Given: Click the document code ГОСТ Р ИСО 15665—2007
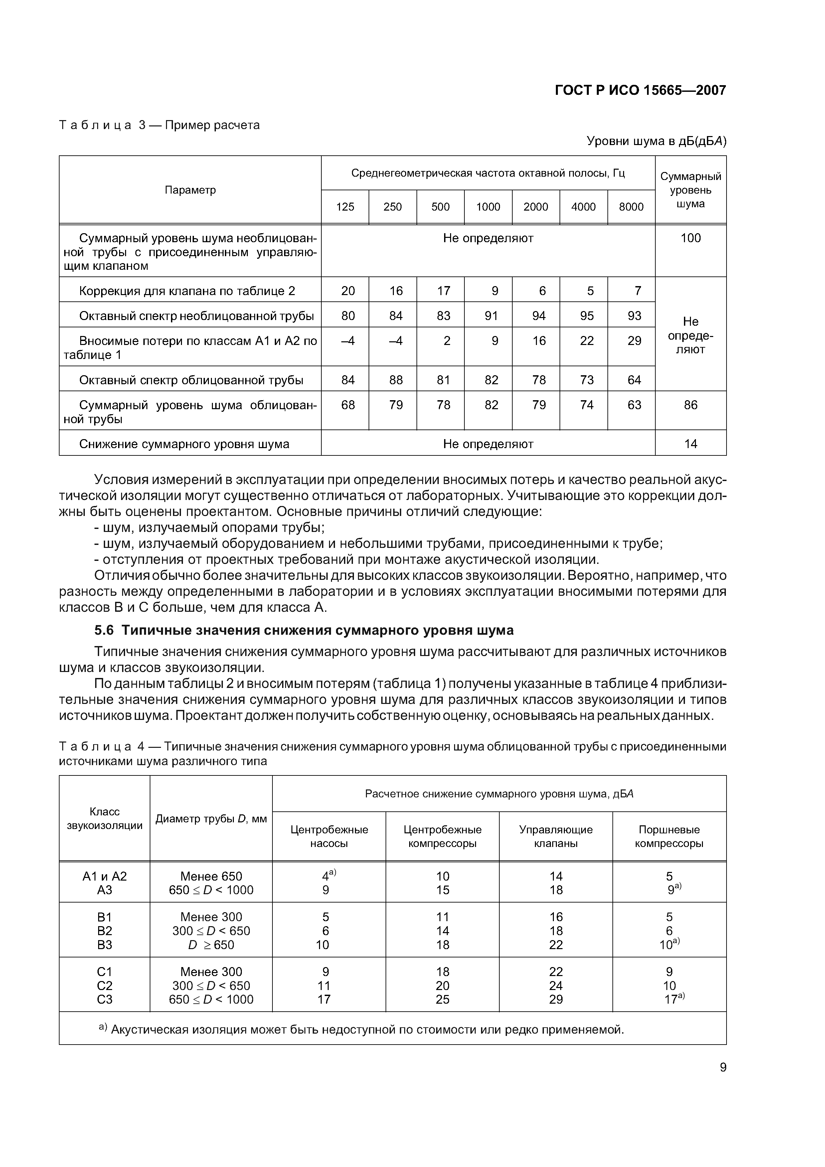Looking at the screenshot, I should tap(640, 90).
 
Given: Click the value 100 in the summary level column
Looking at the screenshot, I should tap(690, 238).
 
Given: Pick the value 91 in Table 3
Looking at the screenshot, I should tap(491, 316).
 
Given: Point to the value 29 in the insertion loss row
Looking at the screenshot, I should tap(634, 341).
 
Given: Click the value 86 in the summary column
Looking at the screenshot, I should tap(690, 405).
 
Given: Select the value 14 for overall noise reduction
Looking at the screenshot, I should tap(690, 444).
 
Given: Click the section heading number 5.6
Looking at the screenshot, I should tap(104, 630).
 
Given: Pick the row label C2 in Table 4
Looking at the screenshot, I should tap(104, 986).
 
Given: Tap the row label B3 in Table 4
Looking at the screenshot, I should tap(104, 945).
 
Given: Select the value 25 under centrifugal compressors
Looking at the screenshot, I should tap(442, 999).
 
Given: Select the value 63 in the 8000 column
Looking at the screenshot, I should tap(634, 405).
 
